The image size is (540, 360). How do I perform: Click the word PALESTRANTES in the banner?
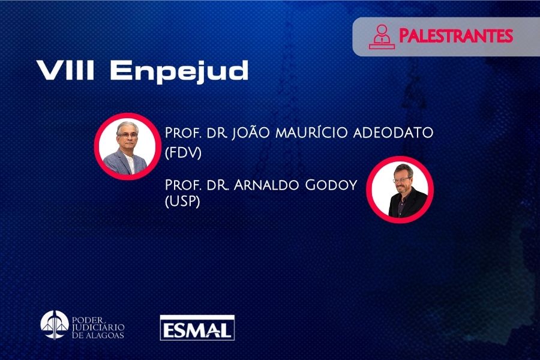pos(455,36)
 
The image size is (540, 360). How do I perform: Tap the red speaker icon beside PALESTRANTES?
pos(382,37)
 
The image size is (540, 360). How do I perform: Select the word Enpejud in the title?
pos(179,72)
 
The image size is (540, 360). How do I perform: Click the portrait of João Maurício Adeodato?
pos(128,146)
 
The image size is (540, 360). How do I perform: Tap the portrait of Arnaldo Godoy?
pos(400,190)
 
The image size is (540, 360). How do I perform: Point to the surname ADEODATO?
pos(393,133)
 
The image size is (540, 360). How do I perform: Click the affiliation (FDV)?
pos(183,153)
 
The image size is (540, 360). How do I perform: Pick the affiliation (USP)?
pos(182,202)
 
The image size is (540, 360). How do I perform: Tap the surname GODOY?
pos(331,185)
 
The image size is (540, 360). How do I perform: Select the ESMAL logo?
pos(197,328)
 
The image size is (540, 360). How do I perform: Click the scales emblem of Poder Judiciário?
pos(55,325)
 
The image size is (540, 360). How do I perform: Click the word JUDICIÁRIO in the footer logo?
pos(98,327)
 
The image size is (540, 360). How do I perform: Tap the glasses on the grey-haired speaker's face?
pos(127,136)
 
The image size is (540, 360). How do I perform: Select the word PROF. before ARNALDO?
pos(183,185)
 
